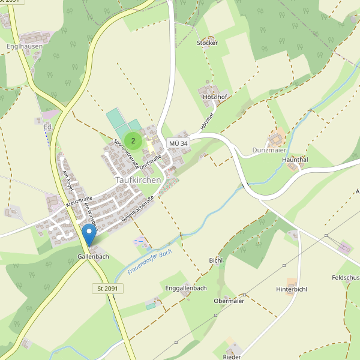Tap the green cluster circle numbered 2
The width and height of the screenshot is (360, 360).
(133, 140)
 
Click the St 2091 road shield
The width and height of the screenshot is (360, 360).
(107, 289)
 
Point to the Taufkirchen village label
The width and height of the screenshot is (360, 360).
(137, 179)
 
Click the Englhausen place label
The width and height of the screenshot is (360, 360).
(23, 46)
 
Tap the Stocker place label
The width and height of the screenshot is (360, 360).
(207, 43)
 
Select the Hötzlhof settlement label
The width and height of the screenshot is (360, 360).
(215, 97)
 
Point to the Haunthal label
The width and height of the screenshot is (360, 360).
(295, 160)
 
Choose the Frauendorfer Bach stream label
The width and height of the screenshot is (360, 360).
(149, 262)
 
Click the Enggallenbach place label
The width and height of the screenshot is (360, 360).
(185, 289)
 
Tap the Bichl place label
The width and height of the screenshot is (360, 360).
(215, 260)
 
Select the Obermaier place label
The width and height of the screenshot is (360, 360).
(229, 301)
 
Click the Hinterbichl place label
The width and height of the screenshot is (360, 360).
(292, 289)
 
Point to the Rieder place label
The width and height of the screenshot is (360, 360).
(232, 357)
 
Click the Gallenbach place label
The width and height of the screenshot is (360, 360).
(93, 257)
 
